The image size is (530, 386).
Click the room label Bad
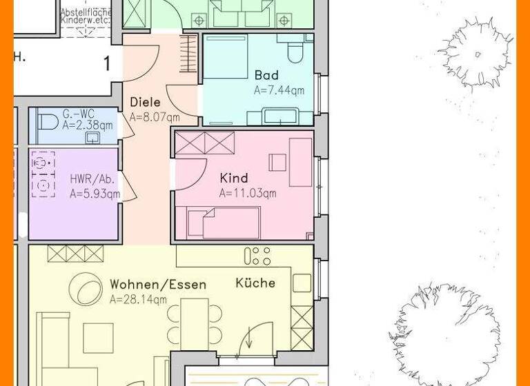click(266, 75)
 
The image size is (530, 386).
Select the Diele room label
click(145, 102)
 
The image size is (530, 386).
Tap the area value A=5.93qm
click(95, 194)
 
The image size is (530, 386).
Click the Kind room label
click(233, 179)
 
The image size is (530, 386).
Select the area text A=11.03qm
click(248, 194)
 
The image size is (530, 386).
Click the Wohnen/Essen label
click(158, 284)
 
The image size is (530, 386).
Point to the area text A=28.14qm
click(138, 299)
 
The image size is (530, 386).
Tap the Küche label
click(255, 283)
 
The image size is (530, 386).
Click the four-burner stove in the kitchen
click(257, 256)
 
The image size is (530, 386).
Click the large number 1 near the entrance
click(107, 64)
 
